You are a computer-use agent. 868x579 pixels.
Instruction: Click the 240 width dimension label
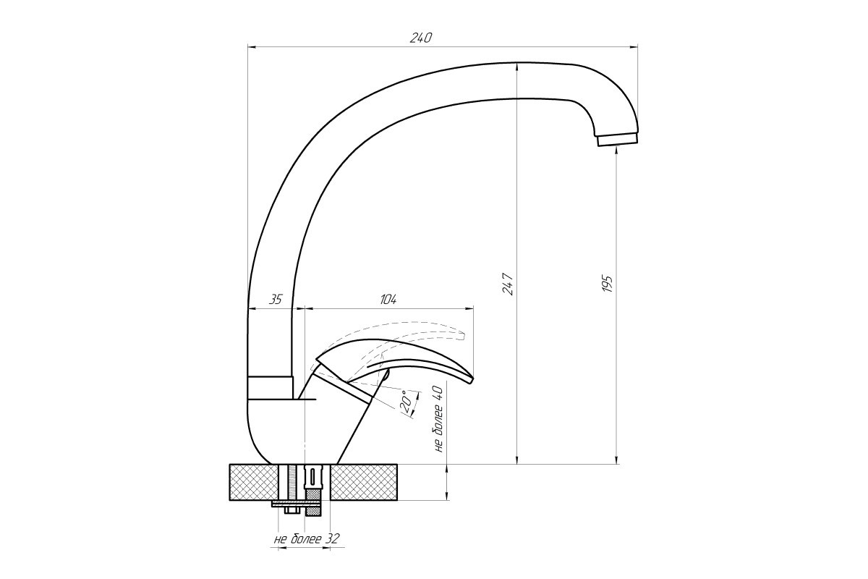(x=420, y=38)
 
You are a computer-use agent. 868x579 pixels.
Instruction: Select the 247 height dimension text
(x=509, y=284)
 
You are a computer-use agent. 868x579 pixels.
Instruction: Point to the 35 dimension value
(x=276, y=300)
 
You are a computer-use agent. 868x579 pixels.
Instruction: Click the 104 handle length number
(x=388, y=300)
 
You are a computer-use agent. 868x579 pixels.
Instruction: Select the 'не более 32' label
(x=307, y=538)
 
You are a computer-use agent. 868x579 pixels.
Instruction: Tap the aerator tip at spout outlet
(x=617, y=140)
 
